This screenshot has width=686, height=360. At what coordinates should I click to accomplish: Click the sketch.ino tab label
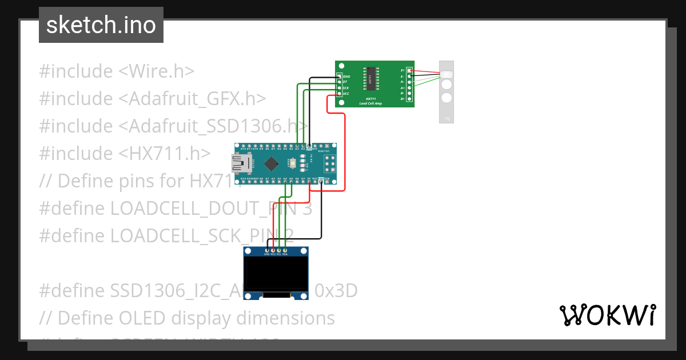[101, 25]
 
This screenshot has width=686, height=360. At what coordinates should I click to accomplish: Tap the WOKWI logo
[607, 315]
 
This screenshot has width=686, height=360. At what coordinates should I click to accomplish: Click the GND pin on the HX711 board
[340, 76]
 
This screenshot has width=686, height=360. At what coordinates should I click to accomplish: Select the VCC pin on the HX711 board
[340, 93]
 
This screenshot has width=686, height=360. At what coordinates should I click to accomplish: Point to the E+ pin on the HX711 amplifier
[409, 70]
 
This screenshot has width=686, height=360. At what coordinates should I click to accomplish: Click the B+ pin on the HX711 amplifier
[409, 99]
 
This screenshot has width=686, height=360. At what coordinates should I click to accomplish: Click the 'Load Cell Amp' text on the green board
[370, 103]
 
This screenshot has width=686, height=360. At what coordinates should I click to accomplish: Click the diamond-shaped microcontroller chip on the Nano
[273, 163]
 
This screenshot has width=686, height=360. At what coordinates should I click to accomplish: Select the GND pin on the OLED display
[266, 250]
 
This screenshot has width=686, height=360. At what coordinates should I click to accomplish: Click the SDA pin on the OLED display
[285, 250]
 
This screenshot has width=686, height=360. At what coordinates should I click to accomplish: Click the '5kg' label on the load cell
[446, 118]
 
